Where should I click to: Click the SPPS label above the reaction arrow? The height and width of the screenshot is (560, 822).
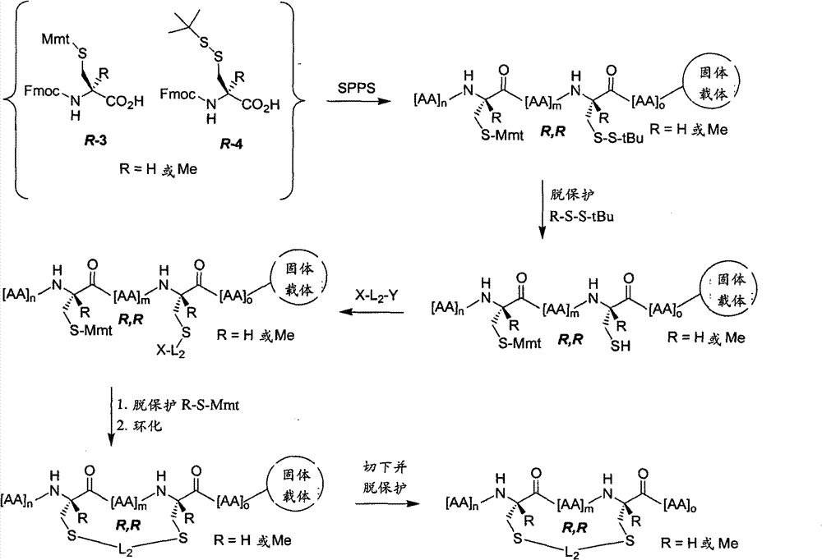pyautogui.click(x=357, y=88)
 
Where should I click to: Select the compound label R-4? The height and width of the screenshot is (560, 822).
pyautogui.click(x=232, y=144)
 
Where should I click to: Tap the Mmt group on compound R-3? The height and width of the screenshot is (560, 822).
pyautogui.click(x=56, y=39)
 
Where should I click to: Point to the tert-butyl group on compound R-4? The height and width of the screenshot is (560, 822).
pyautogui.click(x=184, y=24)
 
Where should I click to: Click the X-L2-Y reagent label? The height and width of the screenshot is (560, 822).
pyautogui.click(x=376, y=296)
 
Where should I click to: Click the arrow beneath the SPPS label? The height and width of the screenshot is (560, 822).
pyautogui.click(x=358, y=100)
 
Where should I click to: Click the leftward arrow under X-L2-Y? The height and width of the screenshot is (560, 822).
pyautogui.click(x=372, y=313)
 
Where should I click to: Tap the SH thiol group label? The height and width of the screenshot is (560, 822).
pyautogui.click(x=620, y=346)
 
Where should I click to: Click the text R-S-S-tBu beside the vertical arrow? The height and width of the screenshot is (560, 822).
pyautogui.click(x=581, y=216)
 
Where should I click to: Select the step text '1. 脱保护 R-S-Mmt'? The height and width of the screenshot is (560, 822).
pyautogui.click(x=178, y=405)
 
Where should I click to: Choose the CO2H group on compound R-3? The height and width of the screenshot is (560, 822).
pyautogui.click(x=125, y=100)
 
